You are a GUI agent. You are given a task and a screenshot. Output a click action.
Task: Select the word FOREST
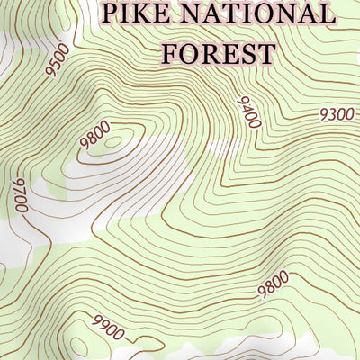coord(218,52)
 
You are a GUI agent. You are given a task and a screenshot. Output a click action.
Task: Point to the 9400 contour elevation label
coord(247,112)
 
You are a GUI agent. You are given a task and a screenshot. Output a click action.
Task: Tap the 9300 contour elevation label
coord(337,114)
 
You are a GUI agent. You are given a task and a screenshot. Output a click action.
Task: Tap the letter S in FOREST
coord(247,52)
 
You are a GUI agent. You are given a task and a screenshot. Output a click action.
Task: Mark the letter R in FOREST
coord(209,52)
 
